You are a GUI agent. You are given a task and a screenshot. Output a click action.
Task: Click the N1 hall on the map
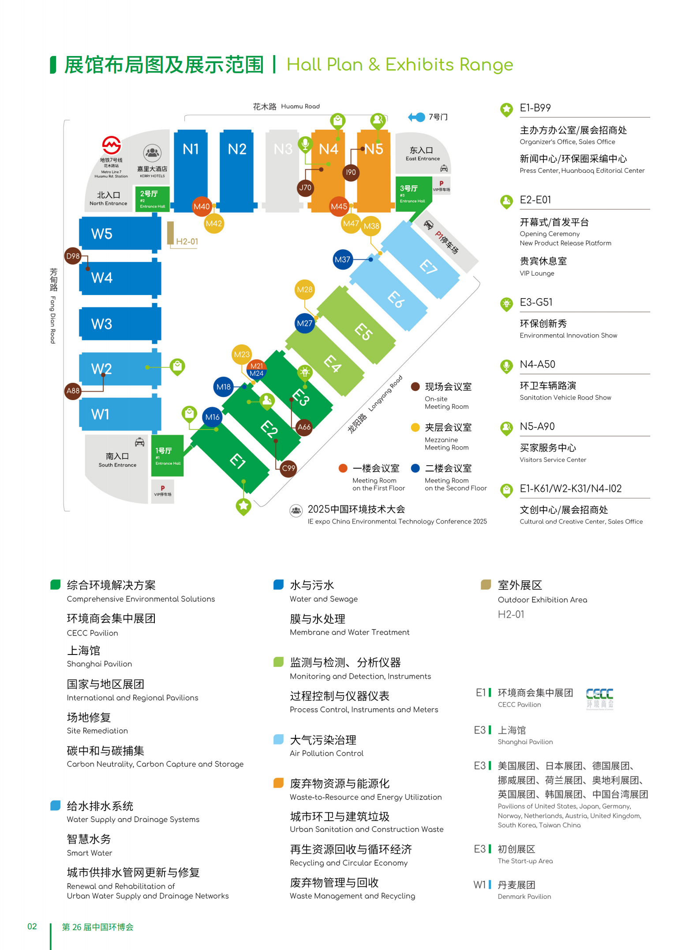pos(191,168)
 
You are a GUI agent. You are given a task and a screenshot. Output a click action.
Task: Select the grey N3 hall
pos(283,168)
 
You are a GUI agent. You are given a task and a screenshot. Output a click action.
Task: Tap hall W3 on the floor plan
pos(120,324)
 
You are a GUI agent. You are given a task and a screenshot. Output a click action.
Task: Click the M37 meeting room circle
pos(342,259)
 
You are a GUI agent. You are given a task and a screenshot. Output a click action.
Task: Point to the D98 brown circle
pos(73,256)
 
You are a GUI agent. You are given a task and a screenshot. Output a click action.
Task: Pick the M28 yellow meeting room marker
pos(304,289)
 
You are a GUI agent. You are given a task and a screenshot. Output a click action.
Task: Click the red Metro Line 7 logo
pos(112,145)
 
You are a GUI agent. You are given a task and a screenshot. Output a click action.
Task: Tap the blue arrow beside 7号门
pos(416,117)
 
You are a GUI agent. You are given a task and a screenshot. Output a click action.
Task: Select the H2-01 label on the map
pos(187,242)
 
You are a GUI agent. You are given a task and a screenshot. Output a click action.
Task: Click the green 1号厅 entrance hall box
pos(167,456)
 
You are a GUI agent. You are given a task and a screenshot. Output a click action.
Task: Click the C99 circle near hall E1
pos(288,468)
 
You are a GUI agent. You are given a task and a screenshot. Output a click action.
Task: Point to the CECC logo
pos(599,698)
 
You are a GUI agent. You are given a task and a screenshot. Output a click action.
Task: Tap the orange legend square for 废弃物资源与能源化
pos(278,783)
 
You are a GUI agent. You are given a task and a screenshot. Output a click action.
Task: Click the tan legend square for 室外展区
pos(486,584)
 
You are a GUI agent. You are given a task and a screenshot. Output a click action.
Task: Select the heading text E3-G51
pos(536,302)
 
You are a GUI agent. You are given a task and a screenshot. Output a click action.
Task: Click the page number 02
pos(32,926)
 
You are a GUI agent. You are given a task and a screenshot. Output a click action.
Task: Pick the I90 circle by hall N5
pos(351,172)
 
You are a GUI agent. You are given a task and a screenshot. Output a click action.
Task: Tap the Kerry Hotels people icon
pos(152,153)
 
